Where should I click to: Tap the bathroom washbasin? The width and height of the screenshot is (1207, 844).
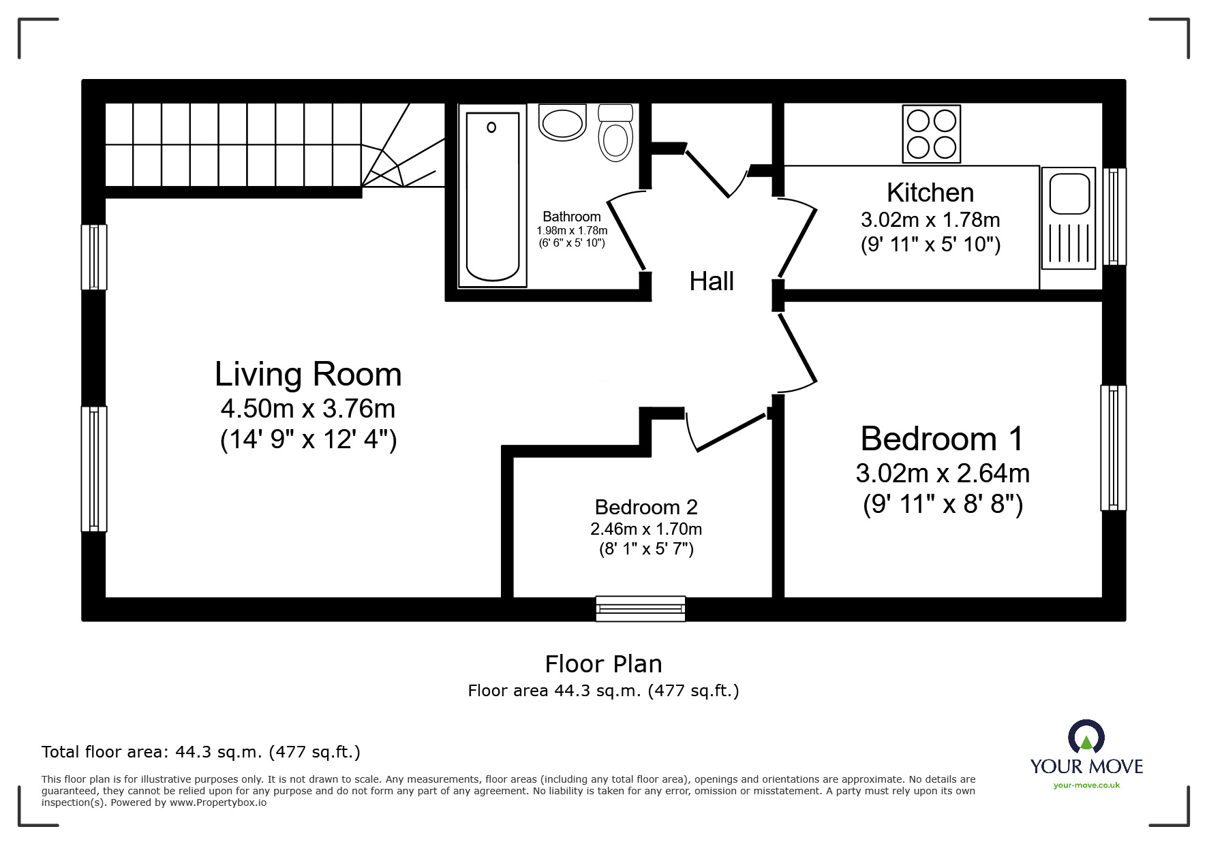point(562,123)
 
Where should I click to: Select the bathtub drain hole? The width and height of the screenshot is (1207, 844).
point(491,127)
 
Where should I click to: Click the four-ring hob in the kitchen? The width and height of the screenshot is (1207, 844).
point(931,134)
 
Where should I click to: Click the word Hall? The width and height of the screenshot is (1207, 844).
point(711,281)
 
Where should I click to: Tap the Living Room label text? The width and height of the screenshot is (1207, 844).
point(308,375)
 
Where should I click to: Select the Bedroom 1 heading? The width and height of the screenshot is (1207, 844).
point(942,439)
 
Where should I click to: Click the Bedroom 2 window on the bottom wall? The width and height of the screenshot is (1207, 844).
point(640,608)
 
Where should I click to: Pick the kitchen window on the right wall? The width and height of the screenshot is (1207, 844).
point(1114,217)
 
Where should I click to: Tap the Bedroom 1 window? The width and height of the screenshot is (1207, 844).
point(1113,448)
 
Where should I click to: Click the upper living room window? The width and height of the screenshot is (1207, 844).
point(94,257)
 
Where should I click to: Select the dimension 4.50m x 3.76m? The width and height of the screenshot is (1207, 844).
point(308,409)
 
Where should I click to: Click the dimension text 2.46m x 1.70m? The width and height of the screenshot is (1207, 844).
point(645,529)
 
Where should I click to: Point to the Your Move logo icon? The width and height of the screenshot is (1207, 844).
point(1086,738)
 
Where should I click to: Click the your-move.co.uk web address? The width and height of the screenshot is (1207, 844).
point(1086,785)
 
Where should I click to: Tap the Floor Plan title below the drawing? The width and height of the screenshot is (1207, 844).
point(603,664)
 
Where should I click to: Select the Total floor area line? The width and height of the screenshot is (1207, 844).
point(201,752)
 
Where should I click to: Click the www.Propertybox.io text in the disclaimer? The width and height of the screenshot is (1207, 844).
point(218,802)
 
